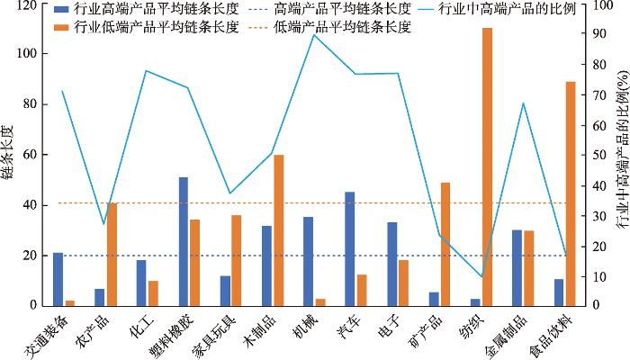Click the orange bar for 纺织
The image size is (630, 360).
point(487,167)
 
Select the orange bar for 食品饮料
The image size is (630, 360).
point(570,193)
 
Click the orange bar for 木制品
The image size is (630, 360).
point(279,230)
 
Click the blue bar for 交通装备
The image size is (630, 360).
point(58,279)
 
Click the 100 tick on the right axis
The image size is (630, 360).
point(594,4)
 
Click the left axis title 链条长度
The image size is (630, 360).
point(8,155)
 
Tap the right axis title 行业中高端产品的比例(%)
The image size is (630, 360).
point(620,155)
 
